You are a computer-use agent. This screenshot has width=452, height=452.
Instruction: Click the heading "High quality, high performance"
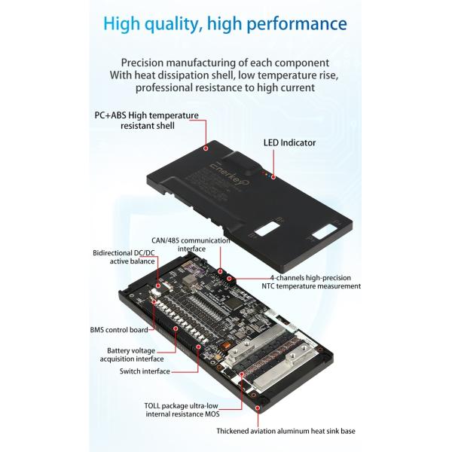[x=225, y=24]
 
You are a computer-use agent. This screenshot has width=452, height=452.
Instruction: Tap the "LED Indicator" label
[x=289, y=142]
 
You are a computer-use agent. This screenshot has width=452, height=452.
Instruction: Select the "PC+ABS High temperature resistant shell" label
[x=147, y=121]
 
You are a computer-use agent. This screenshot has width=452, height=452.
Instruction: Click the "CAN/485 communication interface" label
[x=191, y=244]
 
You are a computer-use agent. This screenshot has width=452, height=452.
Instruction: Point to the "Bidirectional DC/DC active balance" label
[x=124, y=257]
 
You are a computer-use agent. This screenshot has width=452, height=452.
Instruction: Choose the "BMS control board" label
[x=119, y=330]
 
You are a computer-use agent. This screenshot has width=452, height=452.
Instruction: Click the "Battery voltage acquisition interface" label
[x=131, y=355]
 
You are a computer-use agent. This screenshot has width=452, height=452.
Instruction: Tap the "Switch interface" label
[x=145, y=371]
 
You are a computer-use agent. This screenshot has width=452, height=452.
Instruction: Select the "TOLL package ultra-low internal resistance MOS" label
[x=182, y=410]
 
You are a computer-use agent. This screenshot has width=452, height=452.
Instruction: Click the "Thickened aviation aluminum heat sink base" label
[x=286, y=431]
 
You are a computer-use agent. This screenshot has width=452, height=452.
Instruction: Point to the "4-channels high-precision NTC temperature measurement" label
[x=311, y=282]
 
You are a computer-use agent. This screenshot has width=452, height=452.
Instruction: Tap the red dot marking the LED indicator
[x=273, y=177]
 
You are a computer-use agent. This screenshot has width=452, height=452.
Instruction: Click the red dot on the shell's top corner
[x=206, y=148]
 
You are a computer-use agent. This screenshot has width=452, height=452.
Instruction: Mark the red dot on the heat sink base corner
[x=258, y=408]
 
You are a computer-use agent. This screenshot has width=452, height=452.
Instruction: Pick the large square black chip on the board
[x=234, y=303]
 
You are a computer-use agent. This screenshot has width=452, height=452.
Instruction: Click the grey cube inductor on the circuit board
[x=189, y=279]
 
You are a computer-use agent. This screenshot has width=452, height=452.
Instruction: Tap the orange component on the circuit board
[x=226, y=345]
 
